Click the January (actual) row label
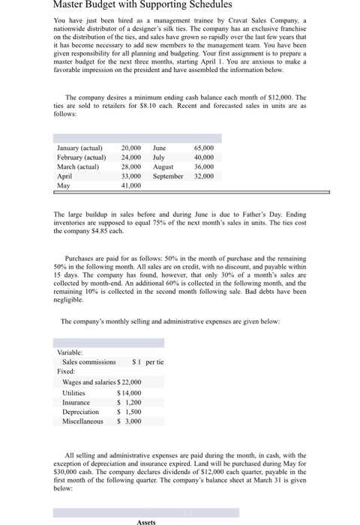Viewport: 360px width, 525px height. click(83, 148)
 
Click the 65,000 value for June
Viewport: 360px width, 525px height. click(202, 148)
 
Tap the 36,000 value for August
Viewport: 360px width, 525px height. click(202, 166)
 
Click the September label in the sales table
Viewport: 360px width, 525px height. click(168, 175)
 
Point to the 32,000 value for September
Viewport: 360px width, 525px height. click(202, 175)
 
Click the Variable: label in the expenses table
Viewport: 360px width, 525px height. click(70, 352)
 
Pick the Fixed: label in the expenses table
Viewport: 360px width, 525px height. click(67, 371)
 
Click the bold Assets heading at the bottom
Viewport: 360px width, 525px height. click(146, 521)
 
